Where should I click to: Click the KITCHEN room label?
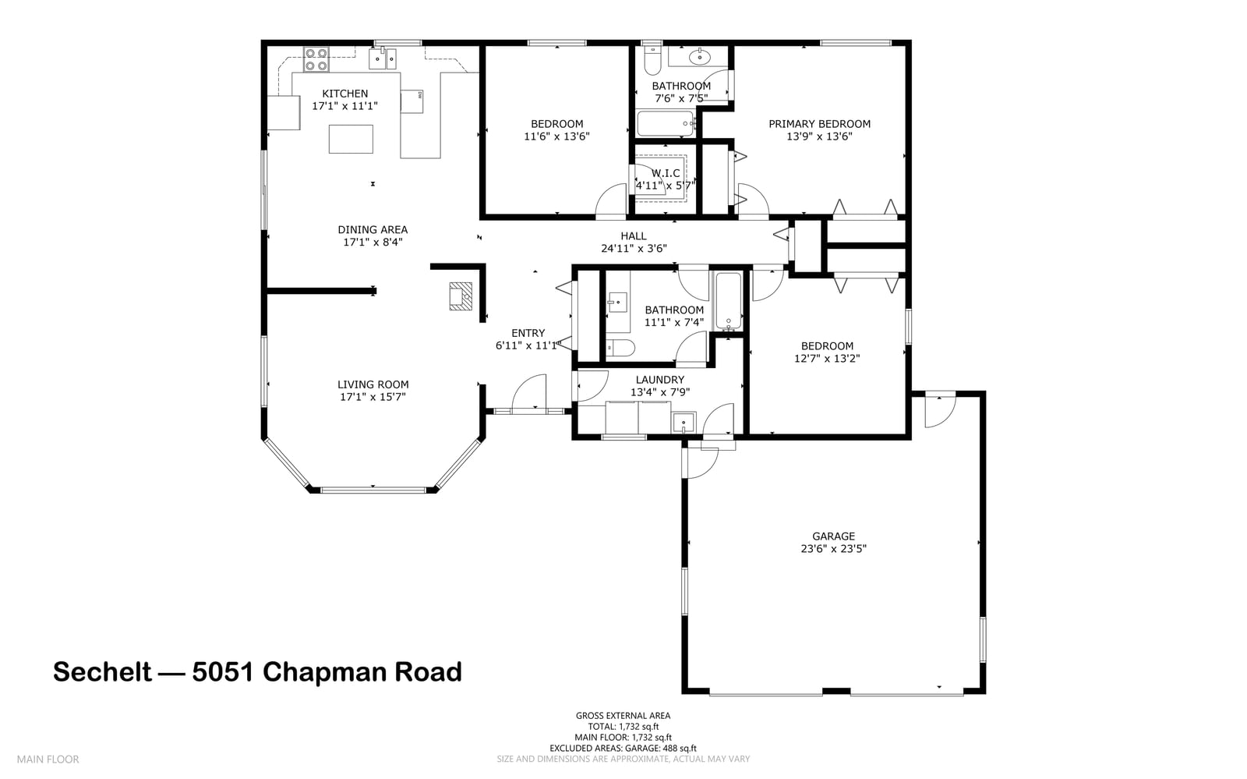pyautogui.click(x=344, y=94)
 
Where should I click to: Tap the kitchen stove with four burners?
pyautogui.click(x=316, y=59)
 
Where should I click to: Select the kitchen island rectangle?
pyautogui.click(x=351, y=140)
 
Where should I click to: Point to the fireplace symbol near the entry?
pyautogui.click(x=461, y=296)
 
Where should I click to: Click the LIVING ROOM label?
pyautogui.click(x=373, y=384)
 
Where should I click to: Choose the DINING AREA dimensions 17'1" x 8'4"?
pyautogui.click(x=373, y=242)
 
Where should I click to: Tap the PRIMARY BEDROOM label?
pyautogui.click(x=819, y=124)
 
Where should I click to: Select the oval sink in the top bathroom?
pyautogui.click(x=698, y=56)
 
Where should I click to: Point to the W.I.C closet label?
pyautogui.click(x=666, y=173)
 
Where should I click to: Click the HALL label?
pyautogui.click(x=634, y=236)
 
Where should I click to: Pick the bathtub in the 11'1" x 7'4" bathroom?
pyautogui.click(x=728, y=301)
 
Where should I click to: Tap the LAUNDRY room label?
pyautogui.click(x=659, y=380)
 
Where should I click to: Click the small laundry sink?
pyautogui.click(x=684, y=422)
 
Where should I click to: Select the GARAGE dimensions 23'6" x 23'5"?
pyautogui.click(x=833, y=548)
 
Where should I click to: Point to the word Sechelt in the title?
pyautogui.click(x=102, y=671)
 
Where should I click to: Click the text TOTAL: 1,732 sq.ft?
pyautogui.click(x=623, y=727)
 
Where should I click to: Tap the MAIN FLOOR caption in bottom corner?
pyautogui.click(x=48, y=760)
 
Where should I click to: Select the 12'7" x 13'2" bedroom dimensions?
pyautogui.click(x=827, y=358)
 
